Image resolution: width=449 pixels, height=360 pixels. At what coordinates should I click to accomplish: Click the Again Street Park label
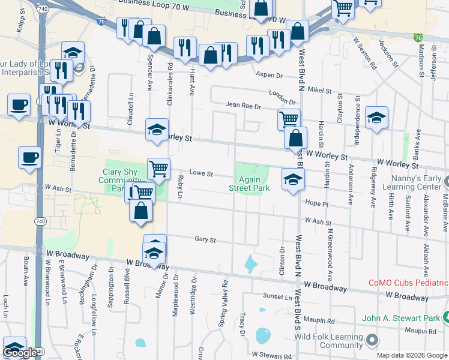click(249, 184)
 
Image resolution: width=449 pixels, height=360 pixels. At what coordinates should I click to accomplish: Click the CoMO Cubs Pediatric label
click(408, 283)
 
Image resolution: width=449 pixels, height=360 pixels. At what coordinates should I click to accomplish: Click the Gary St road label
click(205, 239)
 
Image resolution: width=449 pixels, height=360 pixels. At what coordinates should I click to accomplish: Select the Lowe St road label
click(201, 173)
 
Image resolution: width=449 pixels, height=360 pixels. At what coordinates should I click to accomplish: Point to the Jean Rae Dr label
click(243, 106)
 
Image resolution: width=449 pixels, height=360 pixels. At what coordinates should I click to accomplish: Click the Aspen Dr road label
click(269, 76)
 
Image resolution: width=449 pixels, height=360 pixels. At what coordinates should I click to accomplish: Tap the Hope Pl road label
click(316, 204)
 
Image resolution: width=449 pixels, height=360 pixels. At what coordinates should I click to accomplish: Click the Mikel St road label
click(319, 90)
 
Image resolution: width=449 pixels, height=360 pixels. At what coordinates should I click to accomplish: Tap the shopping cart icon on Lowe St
click(158, 169)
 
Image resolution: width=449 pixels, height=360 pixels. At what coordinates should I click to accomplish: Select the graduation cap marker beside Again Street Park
click(292, 179)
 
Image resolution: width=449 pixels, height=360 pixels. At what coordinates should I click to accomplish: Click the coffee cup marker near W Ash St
click(29, 158)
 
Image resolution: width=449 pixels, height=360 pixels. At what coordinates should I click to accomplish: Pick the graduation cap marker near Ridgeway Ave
click(376, 118)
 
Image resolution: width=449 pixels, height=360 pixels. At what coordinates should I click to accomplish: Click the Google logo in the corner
click(20, 353)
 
